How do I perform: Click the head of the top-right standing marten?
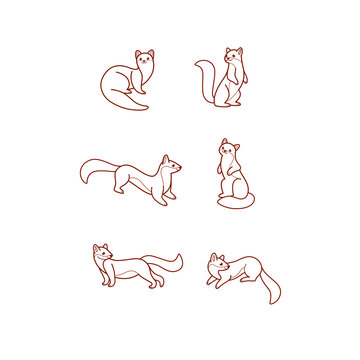tap(234, 56)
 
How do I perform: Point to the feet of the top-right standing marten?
tap(231, 101)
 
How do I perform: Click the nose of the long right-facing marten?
tap(181, 167)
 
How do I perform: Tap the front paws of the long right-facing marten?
tap(170, 199)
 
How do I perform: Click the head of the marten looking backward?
tap(102, 253)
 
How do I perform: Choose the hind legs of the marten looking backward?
tap(153, 282)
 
